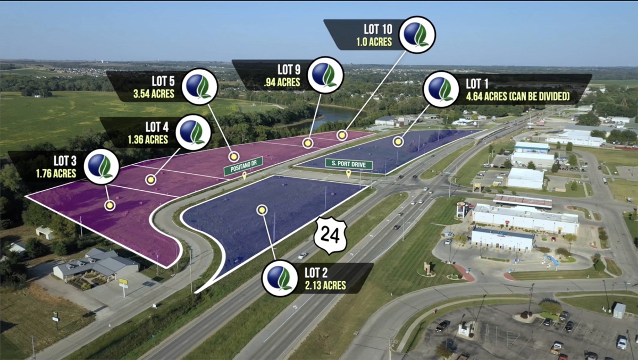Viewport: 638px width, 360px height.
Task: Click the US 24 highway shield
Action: coord(330,236)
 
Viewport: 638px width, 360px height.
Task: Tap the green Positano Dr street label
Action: coord(244,166)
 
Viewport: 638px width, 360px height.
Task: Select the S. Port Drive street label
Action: coord(349,164)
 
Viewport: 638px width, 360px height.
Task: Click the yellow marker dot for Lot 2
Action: coord(262,210)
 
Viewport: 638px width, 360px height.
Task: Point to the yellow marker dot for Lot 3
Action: coord(110,205)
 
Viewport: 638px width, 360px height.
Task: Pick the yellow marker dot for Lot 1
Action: coord(398,141)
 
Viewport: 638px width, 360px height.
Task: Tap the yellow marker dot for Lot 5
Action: coord(234,156)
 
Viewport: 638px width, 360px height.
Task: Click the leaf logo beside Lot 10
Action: coord(417,35)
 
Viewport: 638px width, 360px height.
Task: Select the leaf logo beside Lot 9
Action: coord(325,75)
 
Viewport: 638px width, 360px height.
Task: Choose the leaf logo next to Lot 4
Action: coord(193,132)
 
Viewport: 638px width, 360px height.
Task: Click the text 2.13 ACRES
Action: coord(325,286)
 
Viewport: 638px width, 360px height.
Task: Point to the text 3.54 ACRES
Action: coord(154,94)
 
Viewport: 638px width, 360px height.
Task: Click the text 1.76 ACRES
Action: coord(56,173)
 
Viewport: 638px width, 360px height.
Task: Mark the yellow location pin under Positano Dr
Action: coord(244,175)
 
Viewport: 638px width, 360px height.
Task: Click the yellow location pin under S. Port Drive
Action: coord(348,173)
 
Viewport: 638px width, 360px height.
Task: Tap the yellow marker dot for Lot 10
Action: coord(342,135)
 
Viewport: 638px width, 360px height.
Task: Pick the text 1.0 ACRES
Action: coord(374,42)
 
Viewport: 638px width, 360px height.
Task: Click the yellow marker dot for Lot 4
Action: coord(150,180)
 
